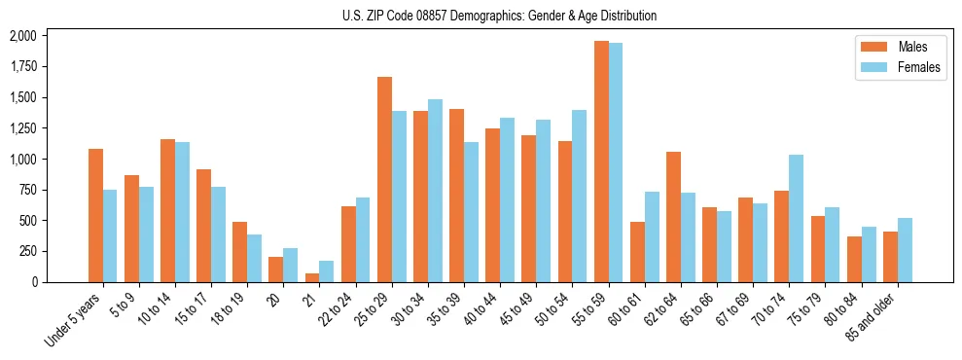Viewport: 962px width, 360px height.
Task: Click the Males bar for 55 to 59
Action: (x=601, y=162)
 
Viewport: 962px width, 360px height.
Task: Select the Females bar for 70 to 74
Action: (x=797, y=218)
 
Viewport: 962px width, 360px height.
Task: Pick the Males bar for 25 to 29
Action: (x=384, y=179)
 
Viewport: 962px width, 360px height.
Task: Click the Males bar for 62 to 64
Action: (x=673, y=217)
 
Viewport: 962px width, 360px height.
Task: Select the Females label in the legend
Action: (x=919, y=68)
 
